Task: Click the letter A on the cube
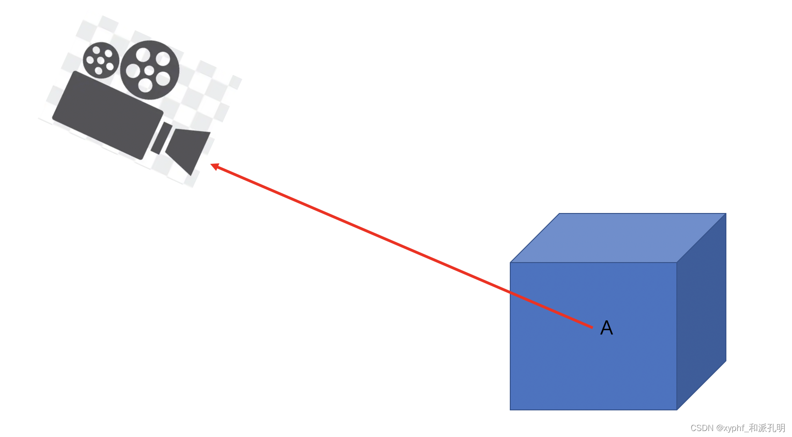pos(607,328)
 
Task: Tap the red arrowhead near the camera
pos(214,166)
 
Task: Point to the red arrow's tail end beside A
pos(592,327)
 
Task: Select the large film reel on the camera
pos(150,70)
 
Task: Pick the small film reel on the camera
pos(101,60)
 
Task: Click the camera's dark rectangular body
pos(108,115)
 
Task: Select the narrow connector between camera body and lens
pos(161,138)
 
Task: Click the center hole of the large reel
pos(149,71)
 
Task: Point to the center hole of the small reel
pos(100,61)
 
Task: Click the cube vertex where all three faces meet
pos(677,263)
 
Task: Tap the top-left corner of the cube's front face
pos(510,263)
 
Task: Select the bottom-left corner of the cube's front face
pos(510,410)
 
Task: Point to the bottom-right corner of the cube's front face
pos(677,410)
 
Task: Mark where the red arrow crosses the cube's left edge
pos(510,292)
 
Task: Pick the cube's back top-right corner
pos(726,213)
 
